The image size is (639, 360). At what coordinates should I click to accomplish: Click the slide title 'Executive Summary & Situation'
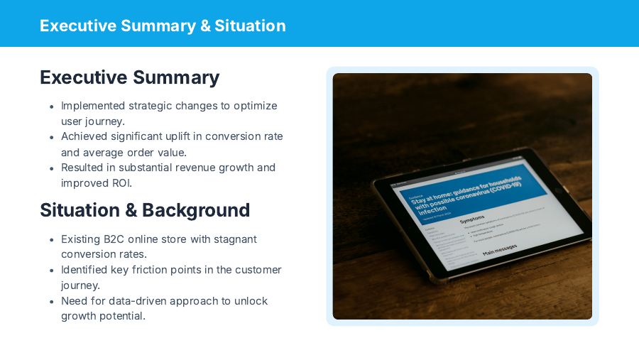163,26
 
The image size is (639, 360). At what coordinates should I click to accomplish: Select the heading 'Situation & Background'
145,210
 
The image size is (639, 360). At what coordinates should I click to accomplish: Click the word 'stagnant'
234,239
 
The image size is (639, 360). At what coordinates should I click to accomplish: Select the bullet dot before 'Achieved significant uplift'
52,137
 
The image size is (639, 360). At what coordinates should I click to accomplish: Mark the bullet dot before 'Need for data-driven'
52,302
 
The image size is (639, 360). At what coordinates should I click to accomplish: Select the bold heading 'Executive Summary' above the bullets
129,77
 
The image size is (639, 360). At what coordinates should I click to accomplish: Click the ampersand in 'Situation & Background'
131,210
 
